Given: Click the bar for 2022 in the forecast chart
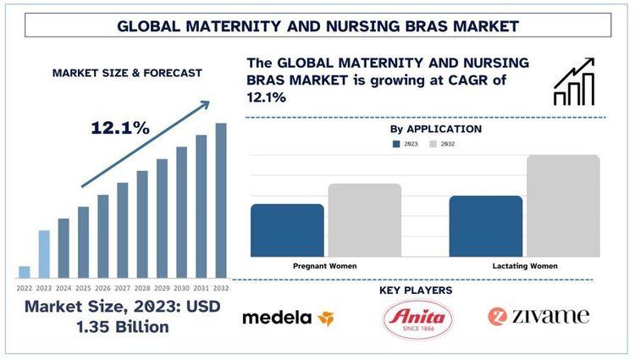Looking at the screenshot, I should (25, 272).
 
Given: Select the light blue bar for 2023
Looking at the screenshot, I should (44, 254).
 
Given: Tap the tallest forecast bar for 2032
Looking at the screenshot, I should (221, 201).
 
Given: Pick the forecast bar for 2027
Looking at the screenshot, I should (123, 230).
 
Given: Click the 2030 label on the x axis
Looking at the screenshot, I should (181, 288).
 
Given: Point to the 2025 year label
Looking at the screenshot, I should (83, 288).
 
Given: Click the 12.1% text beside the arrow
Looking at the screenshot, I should (121, 128).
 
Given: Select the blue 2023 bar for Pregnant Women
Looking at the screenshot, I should (287, 230).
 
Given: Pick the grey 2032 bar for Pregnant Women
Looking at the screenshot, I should (364, 220).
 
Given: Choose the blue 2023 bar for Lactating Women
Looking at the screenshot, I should (485, 226).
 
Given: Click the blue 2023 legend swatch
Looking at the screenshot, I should (396, 145).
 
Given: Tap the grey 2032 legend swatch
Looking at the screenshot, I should (433, 145).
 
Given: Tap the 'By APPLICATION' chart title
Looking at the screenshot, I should (436, 130).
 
